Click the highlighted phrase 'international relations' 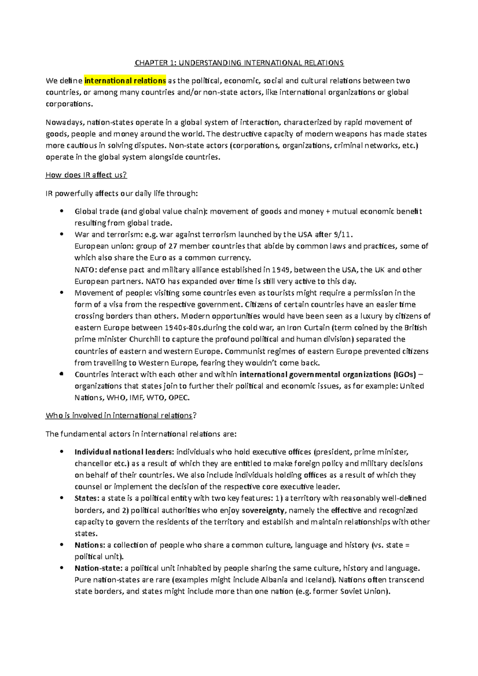pyautogui.click(x=125, y=81)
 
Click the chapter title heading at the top pyautogui.click(x=239, y=63)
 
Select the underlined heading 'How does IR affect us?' pyautogui.click(x=86, y=175)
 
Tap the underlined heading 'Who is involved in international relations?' pyautogui.click(x=121, y=416)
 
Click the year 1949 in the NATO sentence pyautogui.click(x=281, y=270)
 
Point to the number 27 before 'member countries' pyautogui.click(x=173, y=246)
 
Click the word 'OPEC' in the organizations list pyautogui.click(x=179, y=398)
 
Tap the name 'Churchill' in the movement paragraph pyautogui.click(x=145, y=340)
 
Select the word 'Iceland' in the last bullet pyautogui.click(x=319, y=580)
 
